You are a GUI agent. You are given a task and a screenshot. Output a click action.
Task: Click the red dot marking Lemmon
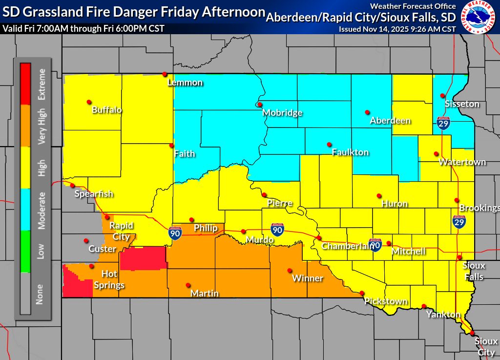pos(165,74)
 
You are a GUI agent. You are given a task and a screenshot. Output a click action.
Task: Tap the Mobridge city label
pos(282,113)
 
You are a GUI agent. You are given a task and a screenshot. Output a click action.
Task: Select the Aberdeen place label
pos(390,120)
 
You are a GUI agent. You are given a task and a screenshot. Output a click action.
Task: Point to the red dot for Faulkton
pos(329,145)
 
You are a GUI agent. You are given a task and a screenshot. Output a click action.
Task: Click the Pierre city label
pos(280,203)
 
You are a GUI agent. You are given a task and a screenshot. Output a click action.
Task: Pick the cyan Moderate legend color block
pos(25,210)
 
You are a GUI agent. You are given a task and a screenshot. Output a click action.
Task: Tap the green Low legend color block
pos(25,251)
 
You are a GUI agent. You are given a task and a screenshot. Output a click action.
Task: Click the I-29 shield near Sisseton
pos(443,123)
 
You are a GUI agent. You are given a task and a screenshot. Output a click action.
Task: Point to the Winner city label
pos(308,278)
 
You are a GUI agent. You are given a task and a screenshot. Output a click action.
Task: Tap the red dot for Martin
pos(188,285)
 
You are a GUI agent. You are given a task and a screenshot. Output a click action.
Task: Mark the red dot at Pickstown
pos(362,293)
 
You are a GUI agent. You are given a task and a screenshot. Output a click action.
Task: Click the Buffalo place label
pos(106,110)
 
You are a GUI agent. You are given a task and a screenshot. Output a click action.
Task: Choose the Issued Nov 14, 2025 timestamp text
pos(397,29)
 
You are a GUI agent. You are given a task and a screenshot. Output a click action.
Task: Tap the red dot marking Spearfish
pos(73,185)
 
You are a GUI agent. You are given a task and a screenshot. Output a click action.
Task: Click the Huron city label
pos(395,204)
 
